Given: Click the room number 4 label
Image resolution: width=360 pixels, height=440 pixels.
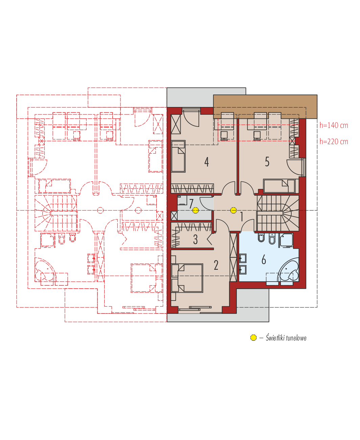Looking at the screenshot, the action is tap(206, 162).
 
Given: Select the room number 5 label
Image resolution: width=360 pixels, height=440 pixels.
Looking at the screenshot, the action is tap(267, 162).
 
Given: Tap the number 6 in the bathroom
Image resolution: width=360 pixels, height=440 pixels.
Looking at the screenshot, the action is tap(264, 260).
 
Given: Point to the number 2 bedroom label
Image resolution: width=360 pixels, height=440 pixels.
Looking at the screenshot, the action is tap(216, 265).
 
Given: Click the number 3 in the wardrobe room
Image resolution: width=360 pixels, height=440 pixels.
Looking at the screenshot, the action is tap(195, 239).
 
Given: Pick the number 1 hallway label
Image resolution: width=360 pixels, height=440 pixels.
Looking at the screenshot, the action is tap(242, 217).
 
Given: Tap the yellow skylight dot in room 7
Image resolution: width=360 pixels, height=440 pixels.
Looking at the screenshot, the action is tap(196, 210).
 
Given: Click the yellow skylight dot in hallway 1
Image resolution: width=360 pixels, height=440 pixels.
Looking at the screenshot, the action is tap(233, 210).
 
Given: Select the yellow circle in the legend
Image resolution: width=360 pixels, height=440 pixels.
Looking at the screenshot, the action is tap(253, 337).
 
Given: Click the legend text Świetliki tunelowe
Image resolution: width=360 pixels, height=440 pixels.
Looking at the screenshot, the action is tap(286, 338).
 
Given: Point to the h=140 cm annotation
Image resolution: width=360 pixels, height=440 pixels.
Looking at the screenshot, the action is tap(334, 125).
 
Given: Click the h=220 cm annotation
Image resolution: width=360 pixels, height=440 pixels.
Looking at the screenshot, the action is tap(334, 142).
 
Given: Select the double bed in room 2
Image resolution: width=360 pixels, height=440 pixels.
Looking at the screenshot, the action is tap(187, 278).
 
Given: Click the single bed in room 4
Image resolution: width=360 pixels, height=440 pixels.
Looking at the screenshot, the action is tap(178, 156).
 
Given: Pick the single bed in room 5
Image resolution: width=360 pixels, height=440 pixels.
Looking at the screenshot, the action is tap(279, 186).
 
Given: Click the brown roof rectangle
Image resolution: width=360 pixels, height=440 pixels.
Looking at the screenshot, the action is tap(265, 107).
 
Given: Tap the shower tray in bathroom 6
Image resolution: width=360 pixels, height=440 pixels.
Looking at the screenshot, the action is tap(287, 240).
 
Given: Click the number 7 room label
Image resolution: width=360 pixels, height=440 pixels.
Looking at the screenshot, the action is tap(191, 204).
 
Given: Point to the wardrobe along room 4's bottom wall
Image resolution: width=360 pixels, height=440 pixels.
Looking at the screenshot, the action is tap(192, 188).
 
